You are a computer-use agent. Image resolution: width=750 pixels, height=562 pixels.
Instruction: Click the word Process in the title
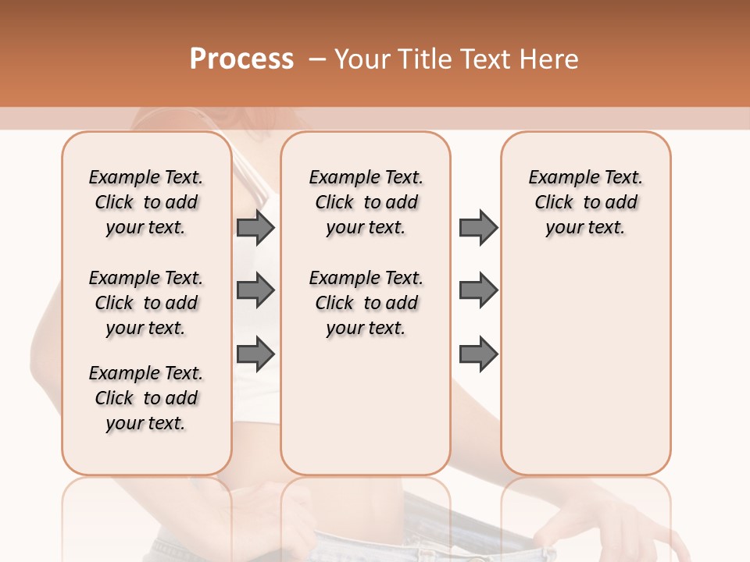pos(241,59)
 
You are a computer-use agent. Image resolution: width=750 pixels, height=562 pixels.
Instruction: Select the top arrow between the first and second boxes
pos(255,227)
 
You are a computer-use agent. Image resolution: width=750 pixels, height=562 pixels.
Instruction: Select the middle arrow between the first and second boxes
pos(255,290)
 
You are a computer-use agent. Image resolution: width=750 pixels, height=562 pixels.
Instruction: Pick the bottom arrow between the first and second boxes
pos(255,354)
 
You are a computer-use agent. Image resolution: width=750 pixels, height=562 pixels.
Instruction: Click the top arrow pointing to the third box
pos(478,227)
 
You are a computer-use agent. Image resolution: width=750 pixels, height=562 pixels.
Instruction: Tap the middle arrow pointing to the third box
pos(478,290)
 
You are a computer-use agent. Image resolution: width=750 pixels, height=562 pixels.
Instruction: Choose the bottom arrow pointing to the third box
pos(478,354)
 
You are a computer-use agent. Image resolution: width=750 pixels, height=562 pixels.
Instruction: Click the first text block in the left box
pos(146,202)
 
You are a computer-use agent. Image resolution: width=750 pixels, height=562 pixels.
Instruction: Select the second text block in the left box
pos(146,303)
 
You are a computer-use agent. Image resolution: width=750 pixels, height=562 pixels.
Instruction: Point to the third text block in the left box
pos(146,398)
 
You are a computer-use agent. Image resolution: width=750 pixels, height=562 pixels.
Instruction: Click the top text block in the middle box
pos(366,202)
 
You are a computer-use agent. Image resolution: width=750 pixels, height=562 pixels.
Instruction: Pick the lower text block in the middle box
pos(366,303)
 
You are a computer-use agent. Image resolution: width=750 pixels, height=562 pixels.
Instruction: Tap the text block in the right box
pos(585,202)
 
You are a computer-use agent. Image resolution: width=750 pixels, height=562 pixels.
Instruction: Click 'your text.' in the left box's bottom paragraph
pos(145,423)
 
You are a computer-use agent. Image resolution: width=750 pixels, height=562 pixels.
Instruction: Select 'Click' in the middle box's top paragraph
pos(334,203)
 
